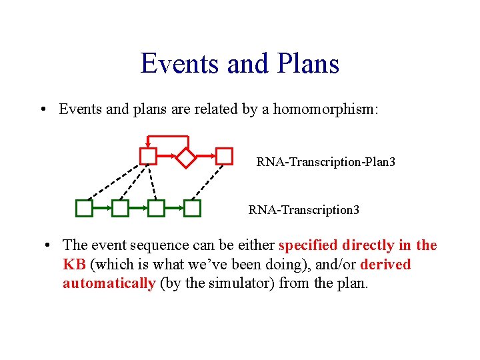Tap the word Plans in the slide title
pos(305,64)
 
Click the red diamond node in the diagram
pos(186,157)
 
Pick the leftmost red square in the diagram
pos(148,157)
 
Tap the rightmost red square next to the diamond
pos(225,157)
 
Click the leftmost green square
pos(84,209)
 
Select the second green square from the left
pos(120,209)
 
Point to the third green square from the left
pos(156,209)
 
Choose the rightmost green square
pos(192,209)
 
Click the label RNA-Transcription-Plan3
pos(326,162)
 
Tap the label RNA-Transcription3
pos(304,210)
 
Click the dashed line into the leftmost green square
pos(113,182)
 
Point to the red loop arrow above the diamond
pos(169,137)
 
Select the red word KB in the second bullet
pos(74,265)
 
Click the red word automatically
pos(109,283)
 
